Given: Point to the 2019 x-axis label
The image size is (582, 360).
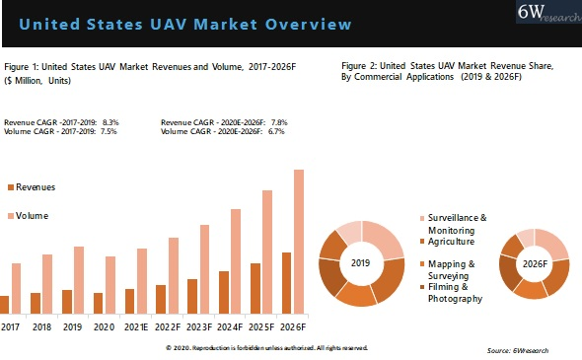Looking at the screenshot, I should [73, 326].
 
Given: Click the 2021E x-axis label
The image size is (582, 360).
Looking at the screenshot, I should [136, 326].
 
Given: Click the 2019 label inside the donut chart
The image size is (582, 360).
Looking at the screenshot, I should [361, 263].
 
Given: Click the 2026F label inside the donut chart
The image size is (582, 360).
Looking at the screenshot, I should [535, 263].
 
